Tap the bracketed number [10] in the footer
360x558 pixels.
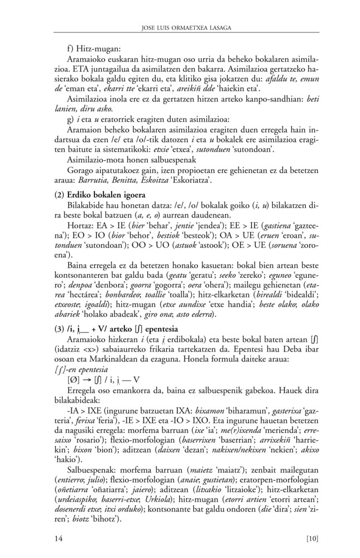pyautogui.click(x=312, y=538)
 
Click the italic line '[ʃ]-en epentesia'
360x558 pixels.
pyautogui.click(x=84, y=368)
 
